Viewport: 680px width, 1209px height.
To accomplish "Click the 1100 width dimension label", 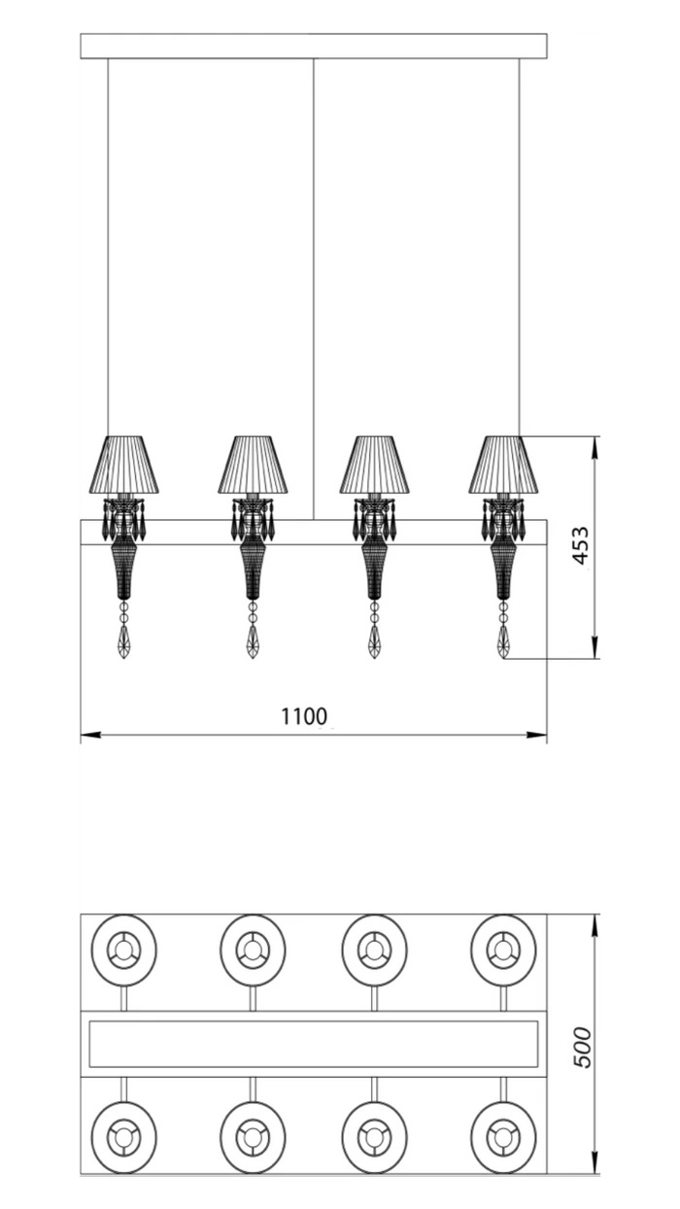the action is point(304,716).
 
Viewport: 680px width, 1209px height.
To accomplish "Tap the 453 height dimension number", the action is point(581,545).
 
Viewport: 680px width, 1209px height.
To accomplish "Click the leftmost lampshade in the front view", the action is point(124,465).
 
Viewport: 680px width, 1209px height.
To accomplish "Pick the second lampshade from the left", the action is point(253,465).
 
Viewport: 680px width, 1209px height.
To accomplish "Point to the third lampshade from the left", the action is point(374,465).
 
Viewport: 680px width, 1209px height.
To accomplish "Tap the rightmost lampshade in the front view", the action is point(503,465).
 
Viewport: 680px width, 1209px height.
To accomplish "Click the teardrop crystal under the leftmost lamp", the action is point(124,642).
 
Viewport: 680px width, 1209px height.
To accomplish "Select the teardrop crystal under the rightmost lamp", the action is point(503,642).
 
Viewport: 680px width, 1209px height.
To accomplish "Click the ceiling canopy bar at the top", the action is point(314,46).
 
